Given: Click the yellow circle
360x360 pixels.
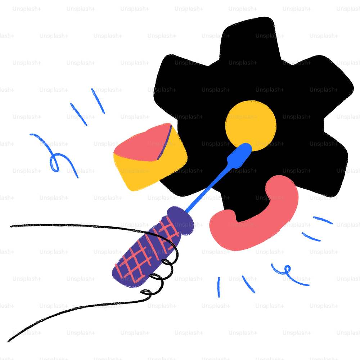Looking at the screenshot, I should point(251,124).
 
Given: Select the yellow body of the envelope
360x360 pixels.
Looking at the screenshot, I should point(151,173).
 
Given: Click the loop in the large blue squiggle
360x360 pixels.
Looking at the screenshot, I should point(55,164).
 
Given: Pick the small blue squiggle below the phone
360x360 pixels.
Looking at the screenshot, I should point(288,275).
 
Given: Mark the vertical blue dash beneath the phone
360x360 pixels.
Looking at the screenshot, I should point(219,287).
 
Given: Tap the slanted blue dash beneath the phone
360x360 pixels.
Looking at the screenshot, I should point(248,284).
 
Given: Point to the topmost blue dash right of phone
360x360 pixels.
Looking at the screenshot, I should point(323,220).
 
